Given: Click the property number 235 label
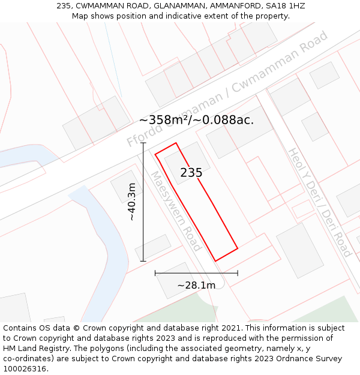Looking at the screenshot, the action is pos(191,173).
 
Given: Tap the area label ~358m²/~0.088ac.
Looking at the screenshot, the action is pos(196,119).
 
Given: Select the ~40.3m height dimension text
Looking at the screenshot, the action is pos(132,202).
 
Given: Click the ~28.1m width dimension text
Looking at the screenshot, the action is pos(196,285).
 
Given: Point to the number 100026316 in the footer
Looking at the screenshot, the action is pos(25,368).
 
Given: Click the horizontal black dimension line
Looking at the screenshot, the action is pos(196,273).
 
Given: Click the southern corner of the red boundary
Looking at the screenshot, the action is pos(215,260).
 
